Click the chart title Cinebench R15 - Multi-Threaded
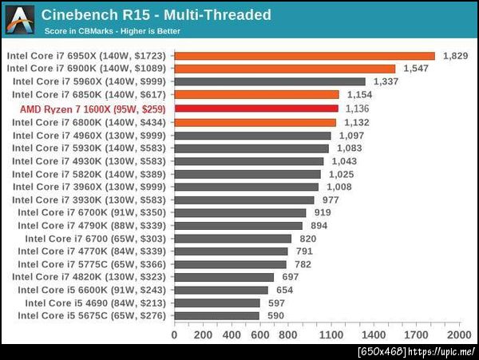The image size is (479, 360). [156, 15]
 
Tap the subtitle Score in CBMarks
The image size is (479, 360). [112, 32]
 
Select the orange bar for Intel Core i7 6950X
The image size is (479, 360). [304, 56]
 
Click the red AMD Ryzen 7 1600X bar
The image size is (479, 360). [256, 108]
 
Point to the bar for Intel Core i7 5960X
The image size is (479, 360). [270, 81]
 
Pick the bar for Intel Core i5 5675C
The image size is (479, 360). [216, 316]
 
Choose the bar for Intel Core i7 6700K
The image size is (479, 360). [240, 212]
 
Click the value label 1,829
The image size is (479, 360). [454, 56]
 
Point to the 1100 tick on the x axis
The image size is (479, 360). [331, 334]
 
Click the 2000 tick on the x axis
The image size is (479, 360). [458, 334]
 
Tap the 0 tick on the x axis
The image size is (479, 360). [175, 334]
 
